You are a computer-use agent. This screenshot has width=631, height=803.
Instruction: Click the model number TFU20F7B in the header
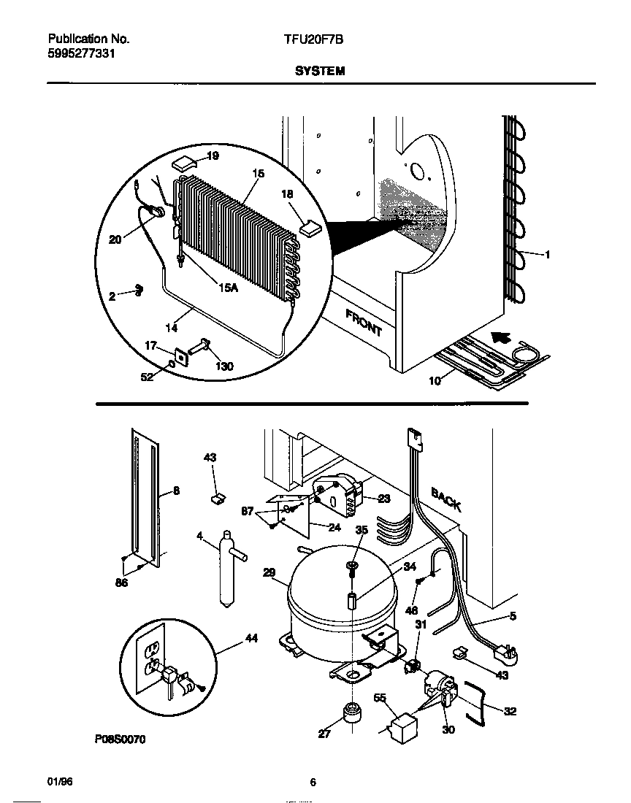pyautogui.click(x=313, y=40)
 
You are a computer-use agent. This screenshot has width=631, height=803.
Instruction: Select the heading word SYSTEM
pyautogui.click(x=320, y=72)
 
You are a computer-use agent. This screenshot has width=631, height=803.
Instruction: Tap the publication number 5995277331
pyautogui.click(x=80, y=54)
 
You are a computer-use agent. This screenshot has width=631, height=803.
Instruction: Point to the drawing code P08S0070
pyautogui.click(x=120, y=739)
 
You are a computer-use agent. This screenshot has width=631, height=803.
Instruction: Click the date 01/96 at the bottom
pyautogui.click(x=60, y=782)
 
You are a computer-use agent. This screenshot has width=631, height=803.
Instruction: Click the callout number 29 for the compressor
pyautogui.click(x=269, y=573)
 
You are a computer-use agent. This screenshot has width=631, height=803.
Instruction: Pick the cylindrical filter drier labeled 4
pyautogui.click(x=226, y=569)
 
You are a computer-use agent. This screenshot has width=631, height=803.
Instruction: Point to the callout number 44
pyautogui.click(x=251, y=638)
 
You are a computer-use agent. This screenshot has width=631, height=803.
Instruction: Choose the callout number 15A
pyautogui.click(x=228, y=288)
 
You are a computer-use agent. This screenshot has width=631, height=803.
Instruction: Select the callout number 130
pyautogui.click(x=224, y=366)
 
